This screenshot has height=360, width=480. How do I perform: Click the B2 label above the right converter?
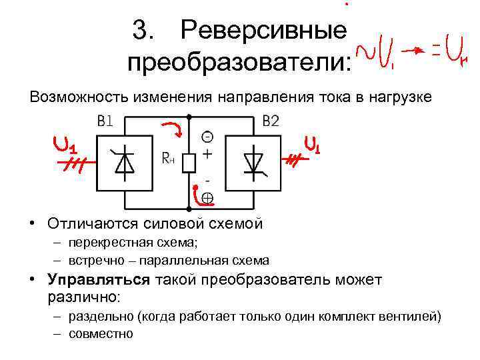[x=271, y=122]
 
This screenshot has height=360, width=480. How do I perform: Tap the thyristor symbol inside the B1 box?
[x=124, y=163]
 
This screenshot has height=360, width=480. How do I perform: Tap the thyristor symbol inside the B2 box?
[x=254, y=163]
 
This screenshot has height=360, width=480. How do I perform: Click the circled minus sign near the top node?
[x=207, y=137]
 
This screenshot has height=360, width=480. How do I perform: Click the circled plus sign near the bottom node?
[x=207, y=197]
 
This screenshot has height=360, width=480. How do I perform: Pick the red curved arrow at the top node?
[x=173, y=129]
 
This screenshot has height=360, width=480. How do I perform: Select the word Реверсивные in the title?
[x=264, y=30]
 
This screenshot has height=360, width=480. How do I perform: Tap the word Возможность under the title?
[x=72, y=97]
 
